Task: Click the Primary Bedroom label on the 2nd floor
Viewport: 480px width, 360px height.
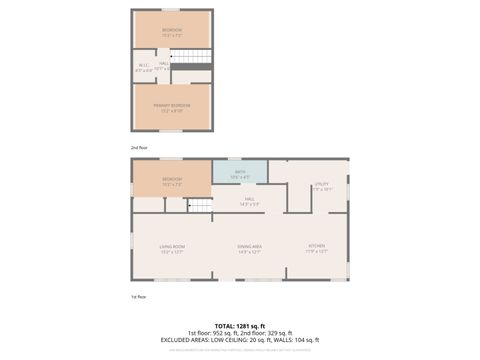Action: (x=172, y=106)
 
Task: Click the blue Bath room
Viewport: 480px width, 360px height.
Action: (x=240, y=171)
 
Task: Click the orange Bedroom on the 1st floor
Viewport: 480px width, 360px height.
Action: (x=172, y=181)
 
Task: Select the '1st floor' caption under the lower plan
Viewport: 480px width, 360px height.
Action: (x=139, y=296)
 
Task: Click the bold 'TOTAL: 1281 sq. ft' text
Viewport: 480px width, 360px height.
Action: (x=240, y=325)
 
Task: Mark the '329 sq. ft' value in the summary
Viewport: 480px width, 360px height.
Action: (x=279, y=332)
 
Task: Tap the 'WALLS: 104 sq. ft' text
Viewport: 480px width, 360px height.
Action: (x=297, y=339)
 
